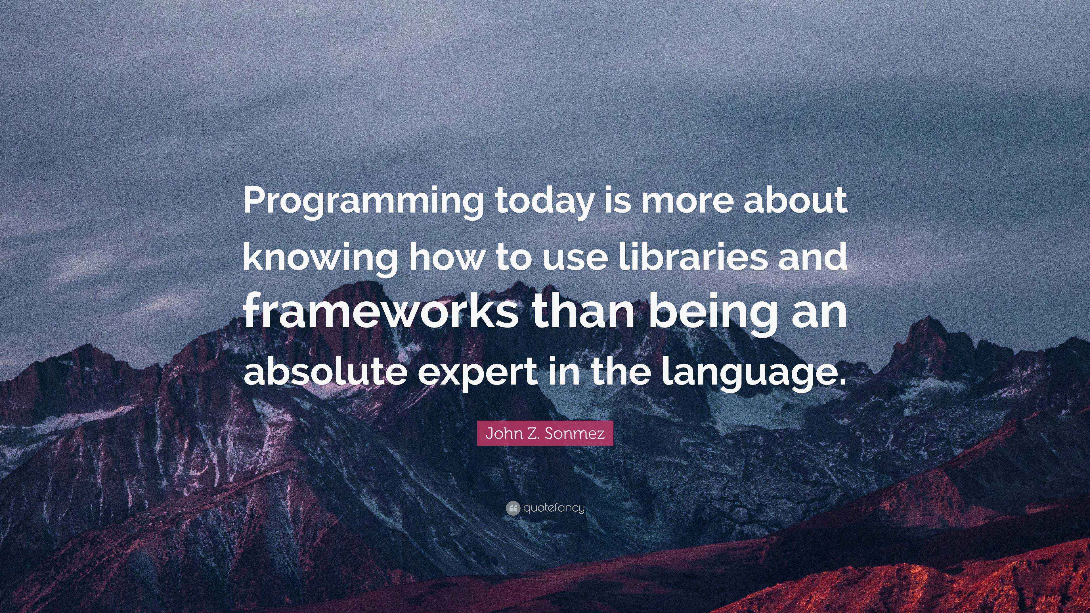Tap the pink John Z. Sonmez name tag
pyautogui.click(x=545, y=433)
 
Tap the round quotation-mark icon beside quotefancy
pyautogui.click(x=512, y=508)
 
